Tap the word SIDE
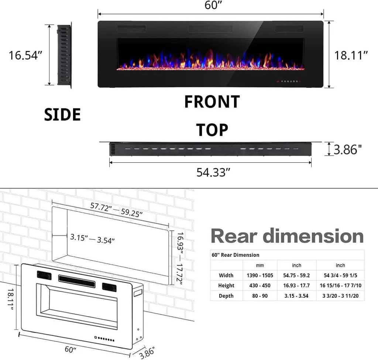pos(62,115)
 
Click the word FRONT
pos(212,102)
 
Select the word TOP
pos(212,130)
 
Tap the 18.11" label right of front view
pos(351,55)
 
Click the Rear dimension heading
pos(287,236)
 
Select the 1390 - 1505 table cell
pos(260,275)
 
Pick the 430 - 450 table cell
pos(260,285)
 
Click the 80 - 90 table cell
pos(260,295)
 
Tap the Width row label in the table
pos(226,275)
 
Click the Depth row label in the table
pos(226,295)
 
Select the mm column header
pos(260,265)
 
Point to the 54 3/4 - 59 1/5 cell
pos(340,275)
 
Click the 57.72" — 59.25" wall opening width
pos(116,210)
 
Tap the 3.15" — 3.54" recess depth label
pos(92,238)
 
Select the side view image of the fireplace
pos(64,55)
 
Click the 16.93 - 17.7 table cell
pos(296,285)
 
